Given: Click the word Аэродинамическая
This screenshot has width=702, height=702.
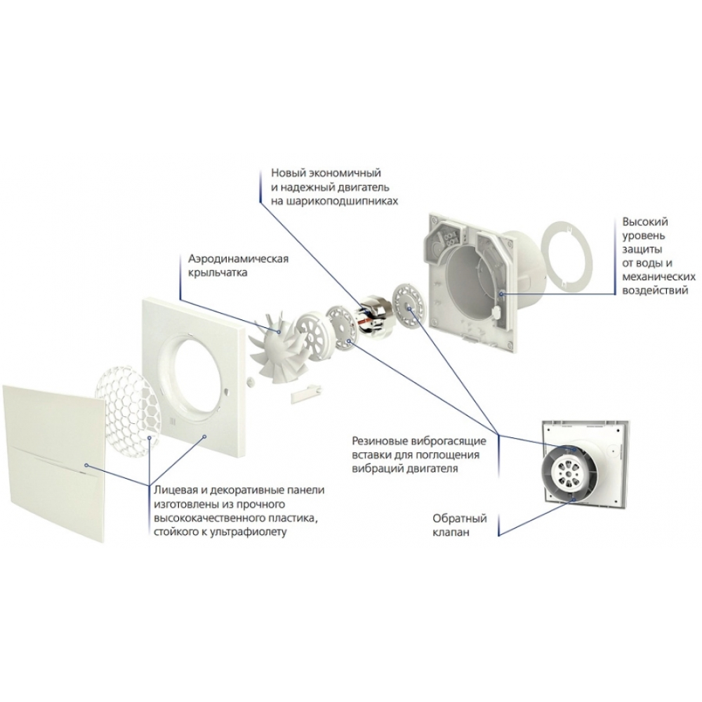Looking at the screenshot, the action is point(238,259).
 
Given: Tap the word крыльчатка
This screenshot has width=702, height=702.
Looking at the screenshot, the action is point(218,272).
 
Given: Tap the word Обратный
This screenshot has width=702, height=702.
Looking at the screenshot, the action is point(459,519).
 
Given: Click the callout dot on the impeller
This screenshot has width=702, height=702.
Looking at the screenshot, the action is point(280,331).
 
